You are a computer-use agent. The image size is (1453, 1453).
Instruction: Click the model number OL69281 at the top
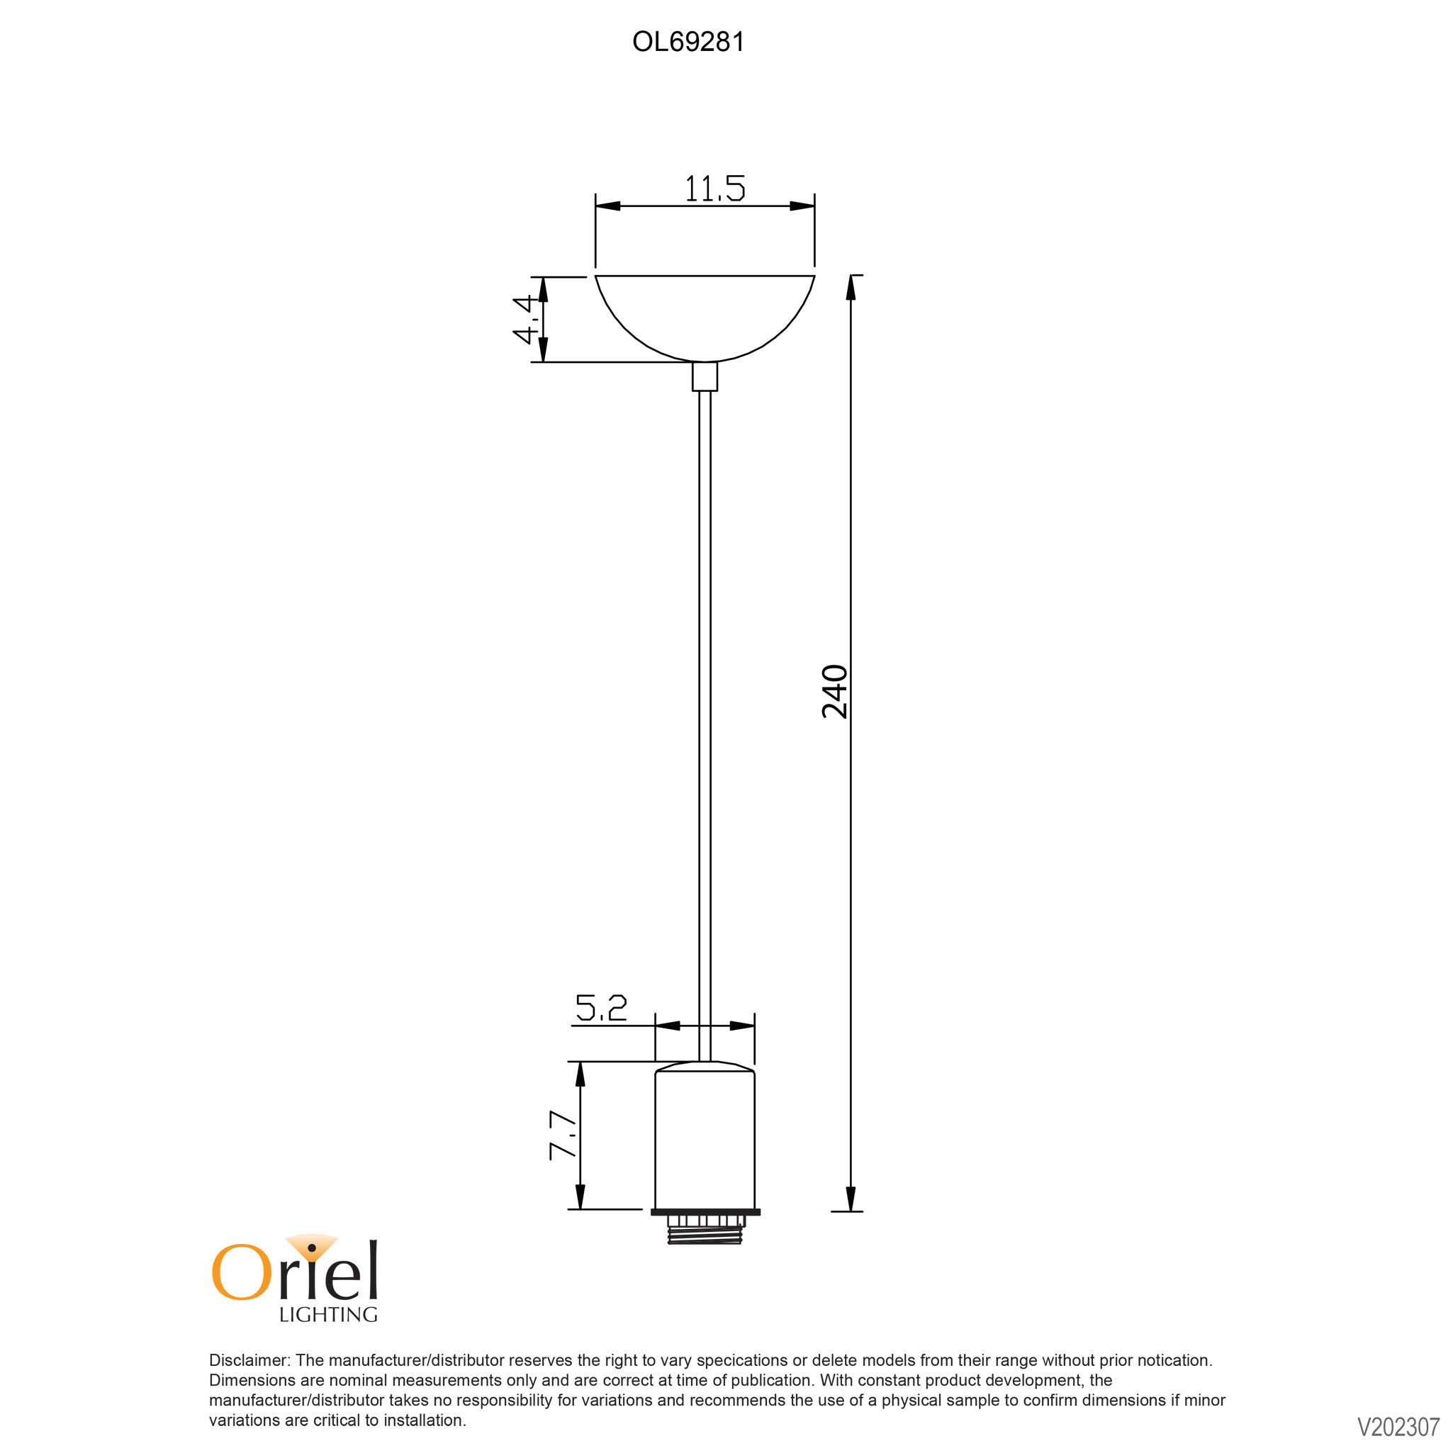click(688, 42)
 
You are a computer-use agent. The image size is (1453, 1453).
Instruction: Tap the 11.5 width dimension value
click(714, 189)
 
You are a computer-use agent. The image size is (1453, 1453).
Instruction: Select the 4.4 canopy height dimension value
click(526, 319)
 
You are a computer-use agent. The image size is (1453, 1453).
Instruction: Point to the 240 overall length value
click(835, 691)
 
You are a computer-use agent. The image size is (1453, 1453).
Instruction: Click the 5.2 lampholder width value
click(601, 1008)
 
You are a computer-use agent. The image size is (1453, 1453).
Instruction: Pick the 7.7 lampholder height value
click(562, 1135)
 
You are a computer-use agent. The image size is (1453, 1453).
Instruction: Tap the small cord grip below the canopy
click(705, 377)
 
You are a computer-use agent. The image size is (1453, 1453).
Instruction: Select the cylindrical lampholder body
click(705, 1135)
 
